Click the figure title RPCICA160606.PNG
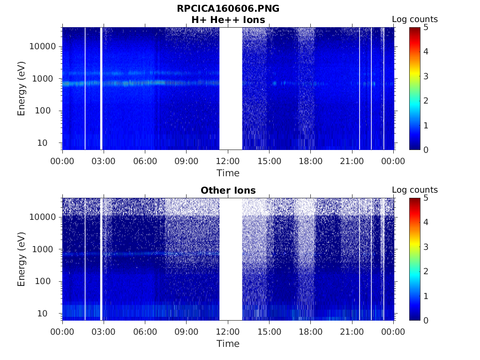tap(228, 8)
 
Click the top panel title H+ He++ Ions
tap(228, 20)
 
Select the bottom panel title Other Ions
tap(228, 190)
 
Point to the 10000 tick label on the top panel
tap(43, 46)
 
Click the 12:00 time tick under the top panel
tap(228, 161)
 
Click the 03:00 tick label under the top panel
tap(104, 161)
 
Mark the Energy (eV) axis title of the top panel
tap(22, 89)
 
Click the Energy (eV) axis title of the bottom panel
tap(22, 259)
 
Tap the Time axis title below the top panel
tap(228, 173)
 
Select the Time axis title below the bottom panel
tap(228, 344)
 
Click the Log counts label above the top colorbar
tap(414, 19)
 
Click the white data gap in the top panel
tap(231, 89)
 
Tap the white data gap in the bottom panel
tap(231, 259)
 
